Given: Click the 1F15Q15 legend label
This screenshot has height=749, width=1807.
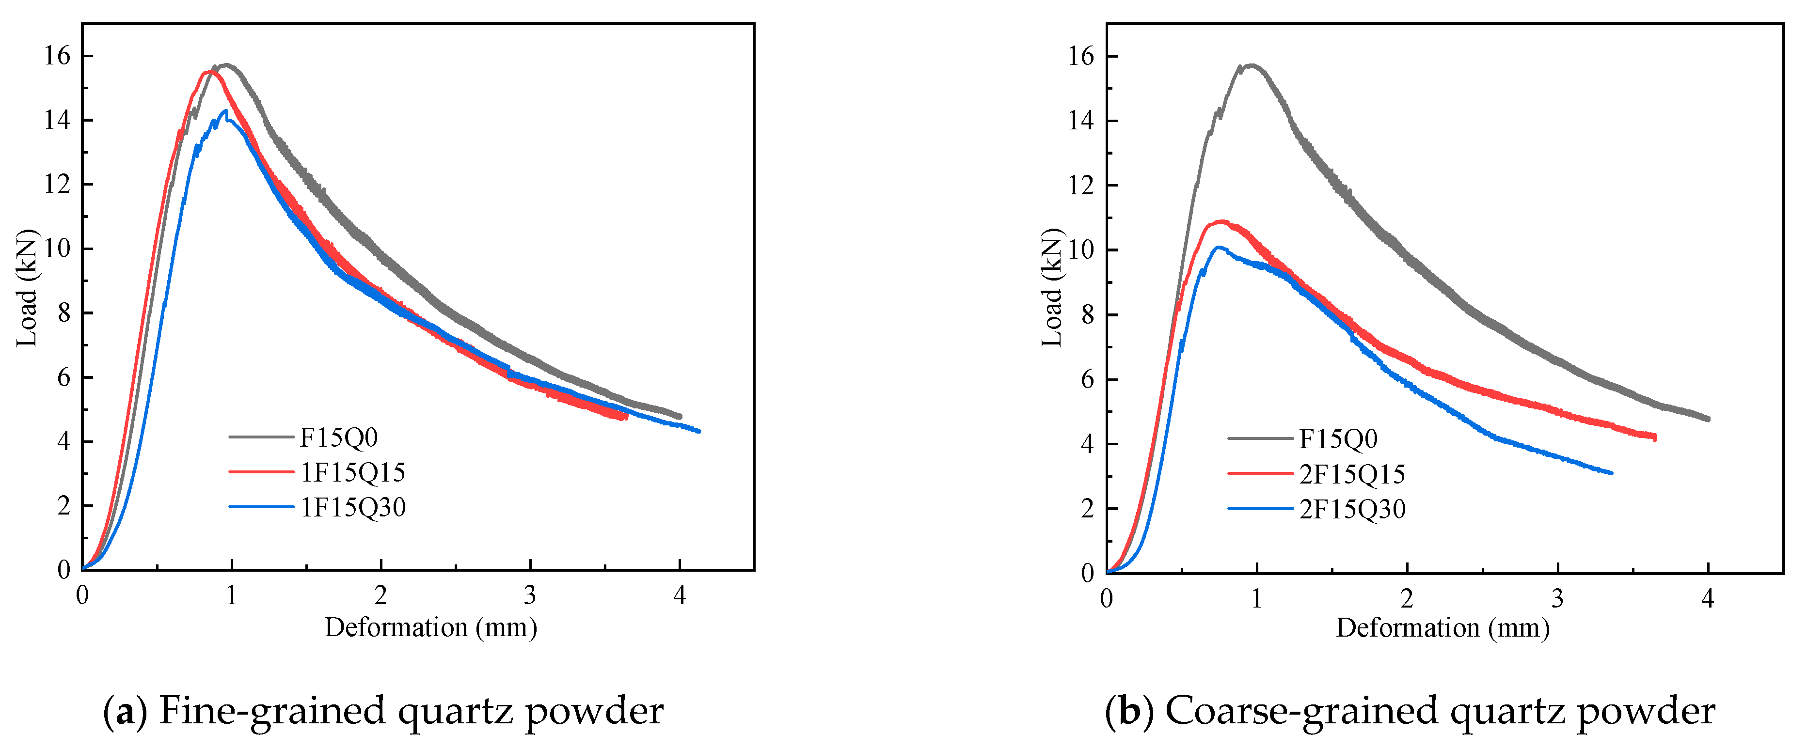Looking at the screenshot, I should coord(353,473).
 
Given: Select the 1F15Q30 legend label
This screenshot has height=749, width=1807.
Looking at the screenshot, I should coord(353,507).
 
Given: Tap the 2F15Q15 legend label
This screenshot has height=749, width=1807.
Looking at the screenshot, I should coord(1352,474).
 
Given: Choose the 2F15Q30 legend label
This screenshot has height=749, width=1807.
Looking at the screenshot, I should coord(1352,509).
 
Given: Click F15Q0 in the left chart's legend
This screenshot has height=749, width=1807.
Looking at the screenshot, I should coord(339,437).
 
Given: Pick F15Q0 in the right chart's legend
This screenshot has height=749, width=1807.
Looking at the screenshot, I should coord(1338,439).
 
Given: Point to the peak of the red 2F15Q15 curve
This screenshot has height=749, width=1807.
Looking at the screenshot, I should coord(1221,221).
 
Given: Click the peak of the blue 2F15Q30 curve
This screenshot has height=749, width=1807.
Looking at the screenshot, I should coord(1219,247).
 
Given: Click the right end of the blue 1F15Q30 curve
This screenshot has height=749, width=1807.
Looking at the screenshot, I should coord(699,431).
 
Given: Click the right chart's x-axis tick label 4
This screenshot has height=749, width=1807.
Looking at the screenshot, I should coord(1707,598).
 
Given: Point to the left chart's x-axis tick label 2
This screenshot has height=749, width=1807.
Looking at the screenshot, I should coord(380,595).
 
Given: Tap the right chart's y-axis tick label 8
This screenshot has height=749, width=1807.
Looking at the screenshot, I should coord(1087,315).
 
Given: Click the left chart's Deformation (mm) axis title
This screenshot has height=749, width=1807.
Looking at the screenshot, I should coord(431,627).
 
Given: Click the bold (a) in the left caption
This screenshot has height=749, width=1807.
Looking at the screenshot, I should coord(126,711).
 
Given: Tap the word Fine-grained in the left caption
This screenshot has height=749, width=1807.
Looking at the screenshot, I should coord(273,711).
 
